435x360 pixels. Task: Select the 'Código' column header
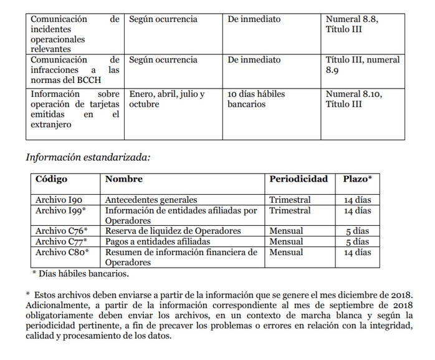(51, 179)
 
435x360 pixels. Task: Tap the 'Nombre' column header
(123, 179)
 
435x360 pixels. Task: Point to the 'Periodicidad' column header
(298, 179)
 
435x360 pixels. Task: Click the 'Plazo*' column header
(358, 179)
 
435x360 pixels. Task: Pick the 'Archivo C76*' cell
(61, 231)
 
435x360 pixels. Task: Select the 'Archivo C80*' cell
(62, 252)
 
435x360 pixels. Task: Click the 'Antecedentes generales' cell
(151, 200)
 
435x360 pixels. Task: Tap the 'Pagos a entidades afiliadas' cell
(158, 241)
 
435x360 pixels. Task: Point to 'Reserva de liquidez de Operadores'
(173, 231)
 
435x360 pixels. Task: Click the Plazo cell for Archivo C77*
(358, 241)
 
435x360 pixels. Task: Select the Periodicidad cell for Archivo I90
(290, 200)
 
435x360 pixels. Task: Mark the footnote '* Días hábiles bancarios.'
(80, 273)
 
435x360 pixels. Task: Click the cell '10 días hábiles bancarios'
(256, 99)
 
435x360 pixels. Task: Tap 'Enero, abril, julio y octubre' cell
(166, 99)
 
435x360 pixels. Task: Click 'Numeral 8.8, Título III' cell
(352, 24)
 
